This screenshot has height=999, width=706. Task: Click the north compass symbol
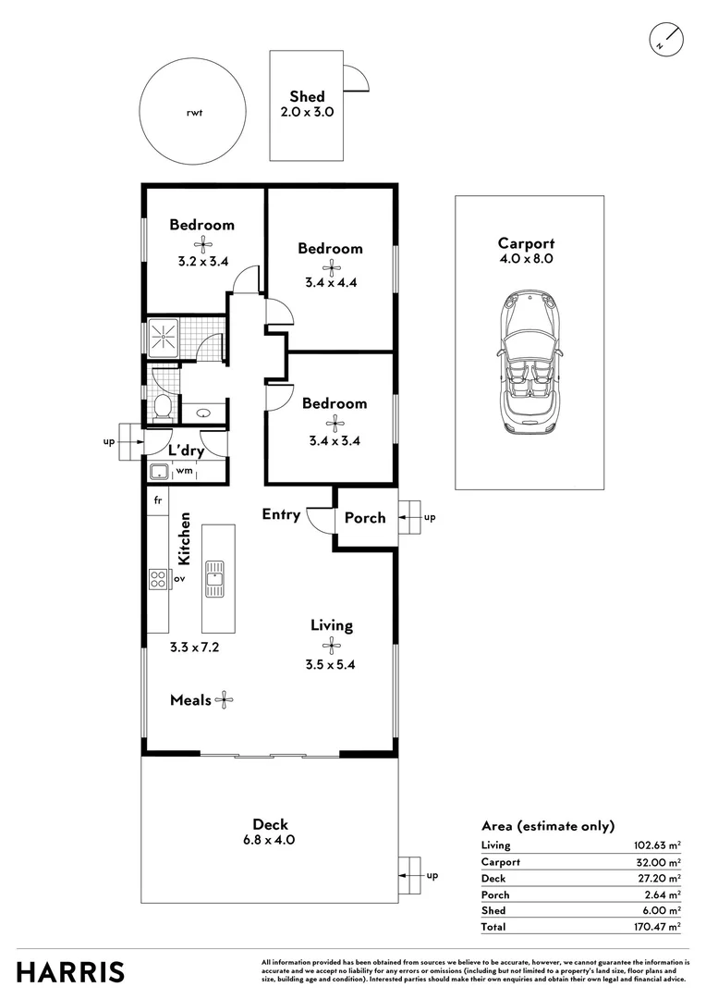[665, 39]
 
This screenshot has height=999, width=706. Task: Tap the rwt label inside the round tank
[193, 113]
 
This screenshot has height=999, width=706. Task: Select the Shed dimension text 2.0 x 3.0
[307, 112]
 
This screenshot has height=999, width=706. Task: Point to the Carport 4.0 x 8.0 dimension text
[526, 259]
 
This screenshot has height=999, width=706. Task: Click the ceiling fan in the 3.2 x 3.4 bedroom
[201, 243]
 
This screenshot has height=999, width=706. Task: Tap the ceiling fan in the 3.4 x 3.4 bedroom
[334, 422]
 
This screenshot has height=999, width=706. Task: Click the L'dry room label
[186, 450]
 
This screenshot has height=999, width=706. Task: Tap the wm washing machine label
[184, 472]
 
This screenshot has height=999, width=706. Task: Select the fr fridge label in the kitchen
[158, 500]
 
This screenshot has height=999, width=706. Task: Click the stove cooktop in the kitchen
[158, 580]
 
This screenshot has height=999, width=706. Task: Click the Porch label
[365, 517]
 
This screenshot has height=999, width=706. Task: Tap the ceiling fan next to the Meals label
[224, 701]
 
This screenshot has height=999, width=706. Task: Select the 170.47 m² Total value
[656, 926]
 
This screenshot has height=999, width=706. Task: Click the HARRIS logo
[70, 972]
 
